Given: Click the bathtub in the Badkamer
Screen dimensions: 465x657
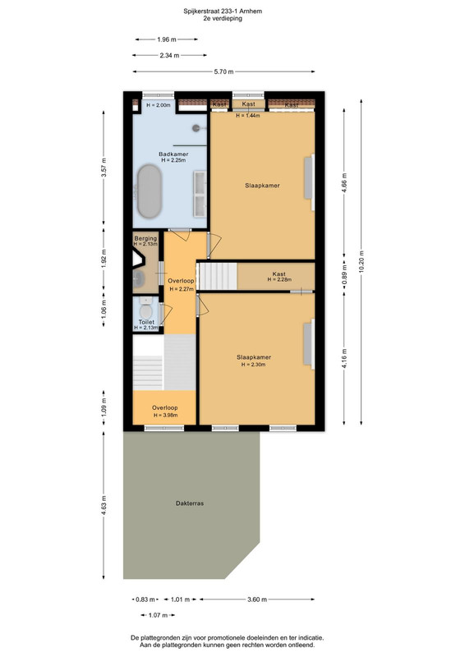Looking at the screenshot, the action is pyautogui.click(x=150, y=191).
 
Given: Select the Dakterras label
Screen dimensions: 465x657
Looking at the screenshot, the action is pyautogui.click(x=190, y=503).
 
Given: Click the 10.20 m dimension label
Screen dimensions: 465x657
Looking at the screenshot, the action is pyautogui.click(x=361, y=262).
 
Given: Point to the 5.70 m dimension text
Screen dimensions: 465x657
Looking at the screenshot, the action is pyautogui.click(x=223, y=71).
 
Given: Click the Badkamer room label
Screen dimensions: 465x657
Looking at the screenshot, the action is pyautogui.click(x=173, y=154).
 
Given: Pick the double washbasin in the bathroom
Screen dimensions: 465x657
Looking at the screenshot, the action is pyautogui.click(x=200, y=194).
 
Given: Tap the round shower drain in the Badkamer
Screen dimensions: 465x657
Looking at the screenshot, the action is pyautogui.click(x=196, y=128).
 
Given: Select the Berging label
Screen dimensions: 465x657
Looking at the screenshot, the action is pyautogui.click(x=145, y=238).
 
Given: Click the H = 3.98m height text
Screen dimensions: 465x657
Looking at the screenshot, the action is pyautogui.click(x=165, y=416).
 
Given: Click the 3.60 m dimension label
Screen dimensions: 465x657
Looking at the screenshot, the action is pyautogui.click(x=257, y=600).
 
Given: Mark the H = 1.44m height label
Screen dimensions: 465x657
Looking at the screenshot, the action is pyautogui.click(x=248, y=115).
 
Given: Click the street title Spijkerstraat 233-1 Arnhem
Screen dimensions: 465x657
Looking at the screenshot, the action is pyautogui.click(x=223, y=11).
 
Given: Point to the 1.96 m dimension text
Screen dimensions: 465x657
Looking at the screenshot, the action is pyautogui.click(x=167, y=39).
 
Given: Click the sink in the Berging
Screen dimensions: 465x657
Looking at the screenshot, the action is pyautogui.click(x=139, y=278).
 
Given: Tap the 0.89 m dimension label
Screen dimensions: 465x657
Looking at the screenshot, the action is pyautogui.click(x=345, y=275).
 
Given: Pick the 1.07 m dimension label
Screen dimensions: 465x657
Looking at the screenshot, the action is pyautogui.click(x=158, y=615).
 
